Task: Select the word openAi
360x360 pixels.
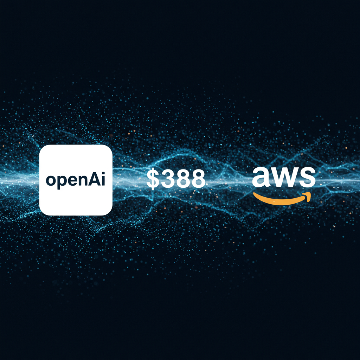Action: point(76,180)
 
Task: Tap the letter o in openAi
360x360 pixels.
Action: point(51,181)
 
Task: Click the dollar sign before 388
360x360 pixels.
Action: point(153,179)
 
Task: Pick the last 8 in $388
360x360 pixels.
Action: point(197,179)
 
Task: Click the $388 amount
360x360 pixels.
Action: point(176,179)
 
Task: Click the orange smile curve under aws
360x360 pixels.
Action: point(281,200)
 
